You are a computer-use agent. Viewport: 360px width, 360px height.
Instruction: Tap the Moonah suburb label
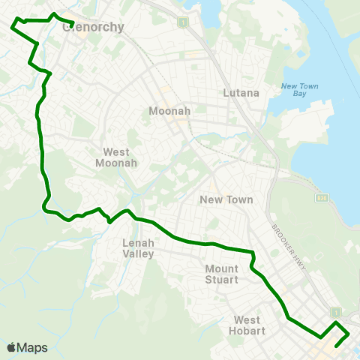coord(169,111)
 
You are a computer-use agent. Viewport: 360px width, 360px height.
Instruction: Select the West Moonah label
coord(115,157)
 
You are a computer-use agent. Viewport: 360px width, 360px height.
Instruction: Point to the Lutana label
coord(241,93)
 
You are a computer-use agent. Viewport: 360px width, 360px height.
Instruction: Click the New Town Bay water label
coord(300,91)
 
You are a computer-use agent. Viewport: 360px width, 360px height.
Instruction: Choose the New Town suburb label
coord(226,199)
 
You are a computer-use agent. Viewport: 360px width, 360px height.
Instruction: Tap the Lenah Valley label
coord(138,248)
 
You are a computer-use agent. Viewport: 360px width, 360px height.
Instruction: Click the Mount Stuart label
coord(221,274)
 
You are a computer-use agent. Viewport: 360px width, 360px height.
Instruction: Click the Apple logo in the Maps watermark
coord(11,347)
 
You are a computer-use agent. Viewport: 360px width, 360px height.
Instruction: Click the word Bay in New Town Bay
coord(300,95)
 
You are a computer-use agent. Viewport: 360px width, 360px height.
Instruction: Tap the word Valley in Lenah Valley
coord(138,253)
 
